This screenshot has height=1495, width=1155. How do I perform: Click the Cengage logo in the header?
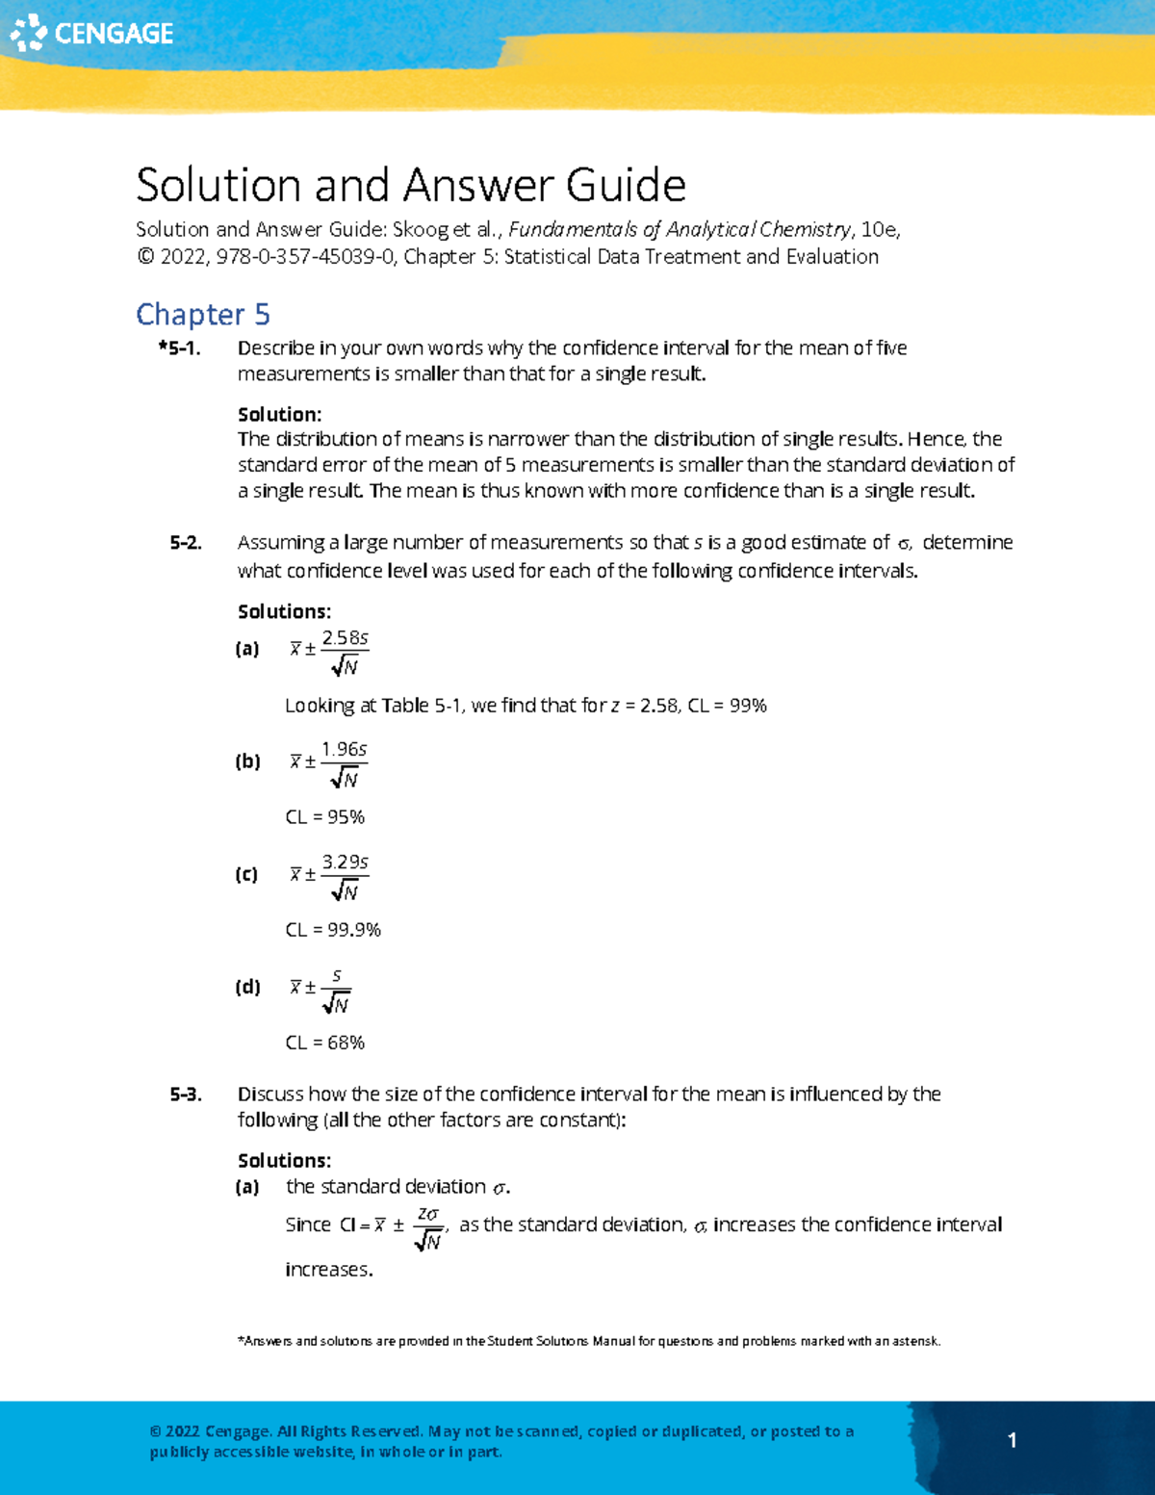[x=91, y=33]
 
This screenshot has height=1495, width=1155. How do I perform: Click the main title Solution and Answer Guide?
[x=410, y=185]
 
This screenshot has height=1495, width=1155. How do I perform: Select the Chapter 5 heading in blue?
[x=202, y=314]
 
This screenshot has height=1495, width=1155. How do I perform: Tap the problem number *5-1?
[x=180, y=348]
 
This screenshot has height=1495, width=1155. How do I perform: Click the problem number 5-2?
[x=186, y=543]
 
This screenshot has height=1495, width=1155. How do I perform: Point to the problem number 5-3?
[x=186, y=1095]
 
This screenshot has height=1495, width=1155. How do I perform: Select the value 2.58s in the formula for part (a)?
[x=345, y=638]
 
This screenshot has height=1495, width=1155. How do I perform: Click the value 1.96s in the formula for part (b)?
[x=344, y=749]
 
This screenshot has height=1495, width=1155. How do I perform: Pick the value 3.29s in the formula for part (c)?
[x=345, y=862]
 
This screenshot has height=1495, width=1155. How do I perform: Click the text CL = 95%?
[x=325, y=817]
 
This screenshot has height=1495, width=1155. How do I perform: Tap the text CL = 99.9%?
[x=333, y=930]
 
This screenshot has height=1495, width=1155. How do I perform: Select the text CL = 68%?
[x=325, y=1043]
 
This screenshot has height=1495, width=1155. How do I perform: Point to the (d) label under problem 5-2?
[x=247, y=987]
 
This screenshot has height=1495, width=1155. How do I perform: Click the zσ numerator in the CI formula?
[x=427, y=1214]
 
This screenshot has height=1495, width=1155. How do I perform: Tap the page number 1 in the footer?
[x=1012, y=1440]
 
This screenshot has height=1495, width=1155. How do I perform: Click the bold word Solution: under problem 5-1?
[x=279, y=415]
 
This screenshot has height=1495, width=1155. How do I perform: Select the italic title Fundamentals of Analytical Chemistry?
[x=680, y=230]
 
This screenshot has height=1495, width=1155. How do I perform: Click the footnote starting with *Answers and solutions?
[x=588, y=1341]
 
